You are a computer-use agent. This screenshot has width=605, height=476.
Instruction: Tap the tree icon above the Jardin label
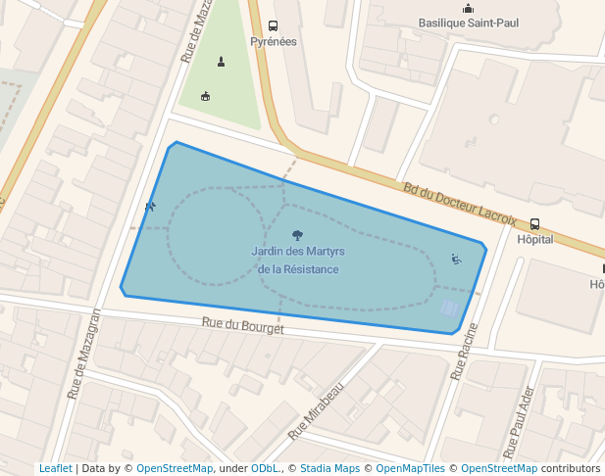point(297,235)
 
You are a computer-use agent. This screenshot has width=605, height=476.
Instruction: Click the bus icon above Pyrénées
point(273,26)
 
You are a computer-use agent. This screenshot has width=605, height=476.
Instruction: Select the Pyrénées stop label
point(274,42)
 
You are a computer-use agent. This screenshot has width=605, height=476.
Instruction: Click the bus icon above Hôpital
point(534,224)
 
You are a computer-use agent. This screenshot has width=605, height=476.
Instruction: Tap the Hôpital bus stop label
point(534,239)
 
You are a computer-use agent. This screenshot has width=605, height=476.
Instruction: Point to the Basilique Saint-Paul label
point(468,23)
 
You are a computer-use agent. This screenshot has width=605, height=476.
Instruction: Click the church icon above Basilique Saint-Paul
point(468,8)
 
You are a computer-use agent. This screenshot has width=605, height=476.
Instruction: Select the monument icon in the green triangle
point(221,63)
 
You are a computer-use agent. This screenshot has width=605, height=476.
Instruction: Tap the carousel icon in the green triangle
point(205,96)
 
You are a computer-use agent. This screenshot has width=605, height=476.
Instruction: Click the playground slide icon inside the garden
point(456,259)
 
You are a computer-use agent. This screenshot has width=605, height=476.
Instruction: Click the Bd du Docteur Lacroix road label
point(459,203)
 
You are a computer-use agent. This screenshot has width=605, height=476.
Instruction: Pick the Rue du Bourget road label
point(242,325)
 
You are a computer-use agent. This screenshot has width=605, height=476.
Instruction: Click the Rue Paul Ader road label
point(520,422)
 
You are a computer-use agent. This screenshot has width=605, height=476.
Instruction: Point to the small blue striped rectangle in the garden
point(449,309)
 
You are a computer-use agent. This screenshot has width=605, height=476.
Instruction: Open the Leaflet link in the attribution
point(55,469)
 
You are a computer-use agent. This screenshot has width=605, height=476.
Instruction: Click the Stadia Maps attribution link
point(328,469)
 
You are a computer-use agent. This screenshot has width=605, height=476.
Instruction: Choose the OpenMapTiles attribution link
point(410,469)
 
